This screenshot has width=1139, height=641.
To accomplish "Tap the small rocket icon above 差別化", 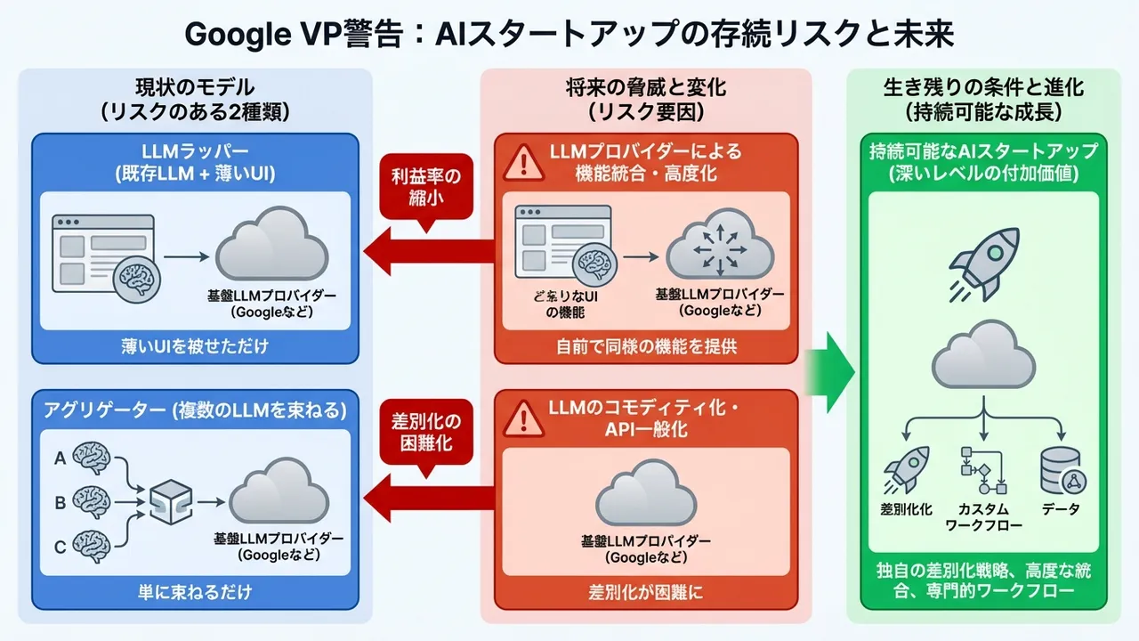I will pos(906,469).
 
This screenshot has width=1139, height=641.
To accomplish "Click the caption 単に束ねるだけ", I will pos(195,591).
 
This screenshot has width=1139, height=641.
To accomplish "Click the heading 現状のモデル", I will pos(195,87).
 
